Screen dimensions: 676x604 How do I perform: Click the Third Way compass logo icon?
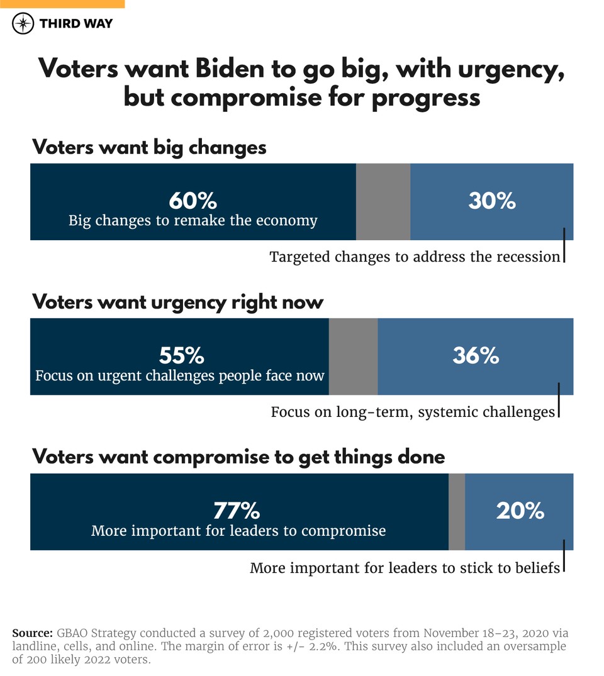(x=23, y=24)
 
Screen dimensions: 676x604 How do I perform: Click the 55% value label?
(x=181, y=356)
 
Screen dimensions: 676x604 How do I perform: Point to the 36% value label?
(x=476, y=356)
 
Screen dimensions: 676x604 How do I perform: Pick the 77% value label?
(x=237, y=511)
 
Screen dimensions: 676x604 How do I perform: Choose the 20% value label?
(x=520, y=511)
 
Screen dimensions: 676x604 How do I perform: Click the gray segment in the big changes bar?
(x=383, y=202)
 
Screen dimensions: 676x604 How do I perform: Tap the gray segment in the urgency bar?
(x=353, y=357)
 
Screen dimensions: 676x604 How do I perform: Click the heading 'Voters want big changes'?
(x=149, y=147)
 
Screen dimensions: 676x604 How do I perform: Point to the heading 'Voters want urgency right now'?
(x=177, y=302)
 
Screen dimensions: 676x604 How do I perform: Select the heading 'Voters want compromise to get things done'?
(x=238, y=457)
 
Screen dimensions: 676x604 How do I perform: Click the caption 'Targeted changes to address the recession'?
(x=415, y=257)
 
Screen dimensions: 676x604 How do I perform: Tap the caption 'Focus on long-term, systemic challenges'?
(x=413, y=412)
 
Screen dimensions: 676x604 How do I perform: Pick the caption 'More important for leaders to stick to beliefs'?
(x=405, y=568)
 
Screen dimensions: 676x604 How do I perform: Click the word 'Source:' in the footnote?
(x=32, y=633)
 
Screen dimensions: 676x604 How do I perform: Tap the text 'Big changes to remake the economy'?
(x=193, y=221)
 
